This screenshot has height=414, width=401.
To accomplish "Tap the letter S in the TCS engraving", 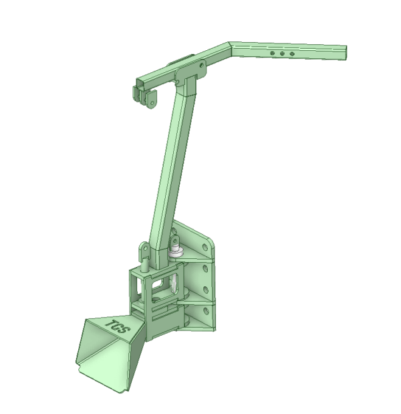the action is point(124,330).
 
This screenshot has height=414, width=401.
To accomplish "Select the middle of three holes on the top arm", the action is point(282,54).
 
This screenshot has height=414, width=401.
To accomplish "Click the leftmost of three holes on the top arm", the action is point(272,53).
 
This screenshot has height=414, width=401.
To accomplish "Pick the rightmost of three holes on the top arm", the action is point(291,54).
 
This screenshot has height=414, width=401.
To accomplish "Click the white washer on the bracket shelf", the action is point(174,253).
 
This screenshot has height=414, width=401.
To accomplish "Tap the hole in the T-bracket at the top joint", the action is point(202,65).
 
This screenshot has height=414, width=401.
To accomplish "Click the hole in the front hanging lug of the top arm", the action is point(152,102).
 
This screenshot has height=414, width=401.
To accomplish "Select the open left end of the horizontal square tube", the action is point(140,83).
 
